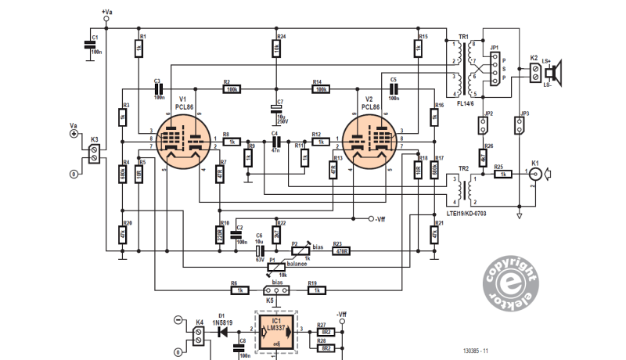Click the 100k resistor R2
pyautogui.click(x=232, y=90)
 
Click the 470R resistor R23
pyautogui.click(x=340, y=250)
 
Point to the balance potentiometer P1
pyautogui.click(x=272, y=267)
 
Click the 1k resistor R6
pyautogui.click(x=239, y=290)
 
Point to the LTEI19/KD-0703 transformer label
pyautogui.click(x=477, y=212)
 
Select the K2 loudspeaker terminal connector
pyautogui.click(x=535, y=73)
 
